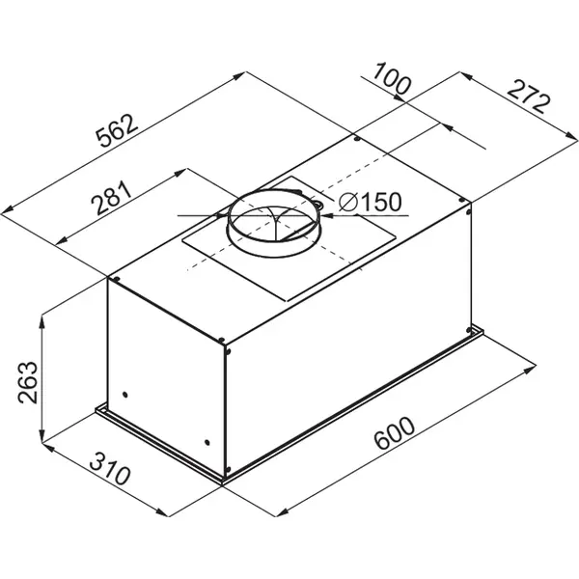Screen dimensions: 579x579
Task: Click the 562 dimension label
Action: coord(117,130)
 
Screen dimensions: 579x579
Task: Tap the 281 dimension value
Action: coord(112,198)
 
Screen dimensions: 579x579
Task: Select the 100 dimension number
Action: coord(391,79)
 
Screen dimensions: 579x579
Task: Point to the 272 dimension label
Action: coord(529,96)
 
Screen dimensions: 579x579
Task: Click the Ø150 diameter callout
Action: coord(370,202)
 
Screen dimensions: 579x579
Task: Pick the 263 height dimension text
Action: coord(28,382)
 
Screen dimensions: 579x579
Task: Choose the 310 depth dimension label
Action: coord(110,468)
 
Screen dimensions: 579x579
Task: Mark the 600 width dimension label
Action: coord(394,432)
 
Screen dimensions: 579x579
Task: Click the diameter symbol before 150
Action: coord(348,202)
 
